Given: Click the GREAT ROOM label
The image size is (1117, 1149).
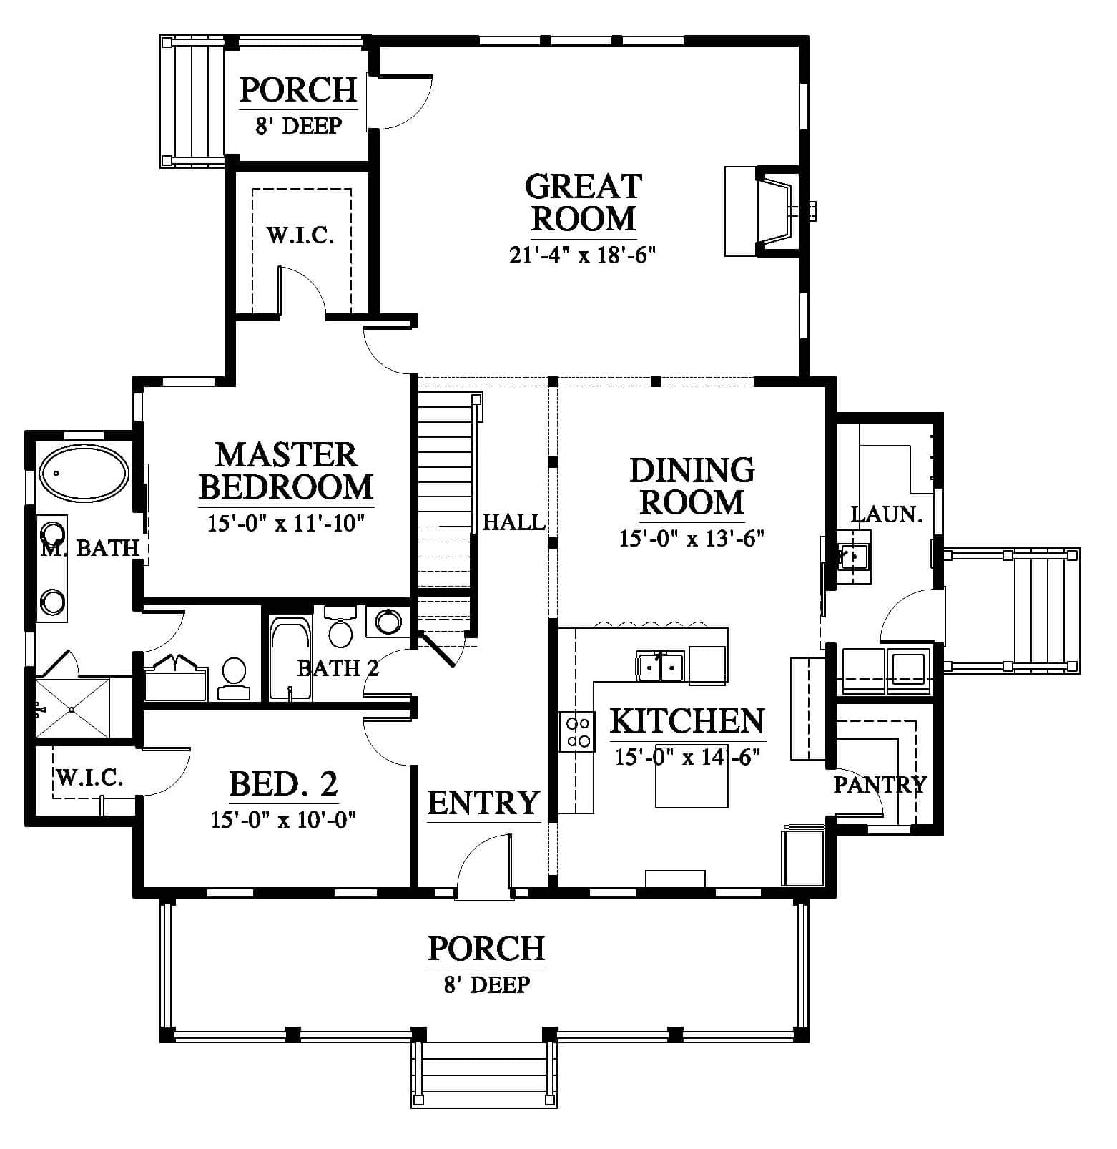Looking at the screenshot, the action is coord(584,202).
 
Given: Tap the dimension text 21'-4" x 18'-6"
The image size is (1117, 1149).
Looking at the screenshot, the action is coord(583,255).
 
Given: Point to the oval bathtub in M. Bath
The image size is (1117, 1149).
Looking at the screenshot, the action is coord(84,473).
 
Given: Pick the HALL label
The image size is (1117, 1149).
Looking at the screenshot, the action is coord(513,522).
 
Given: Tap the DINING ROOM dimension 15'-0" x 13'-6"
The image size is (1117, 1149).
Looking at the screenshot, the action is coord(692,538).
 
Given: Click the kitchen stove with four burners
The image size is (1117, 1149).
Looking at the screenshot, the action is coord(577,732).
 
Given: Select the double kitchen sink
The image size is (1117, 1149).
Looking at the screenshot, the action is coord(660,666).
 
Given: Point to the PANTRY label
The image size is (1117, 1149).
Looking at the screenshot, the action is coord(880,785).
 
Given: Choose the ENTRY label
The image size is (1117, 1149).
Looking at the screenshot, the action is coord(483,802).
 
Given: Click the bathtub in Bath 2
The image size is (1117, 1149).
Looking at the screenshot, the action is coord(290,658).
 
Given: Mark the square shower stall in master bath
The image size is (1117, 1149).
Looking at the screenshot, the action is coord(72,708).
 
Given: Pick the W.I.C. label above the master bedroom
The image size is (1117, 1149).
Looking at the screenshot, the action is coord(300,235).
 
